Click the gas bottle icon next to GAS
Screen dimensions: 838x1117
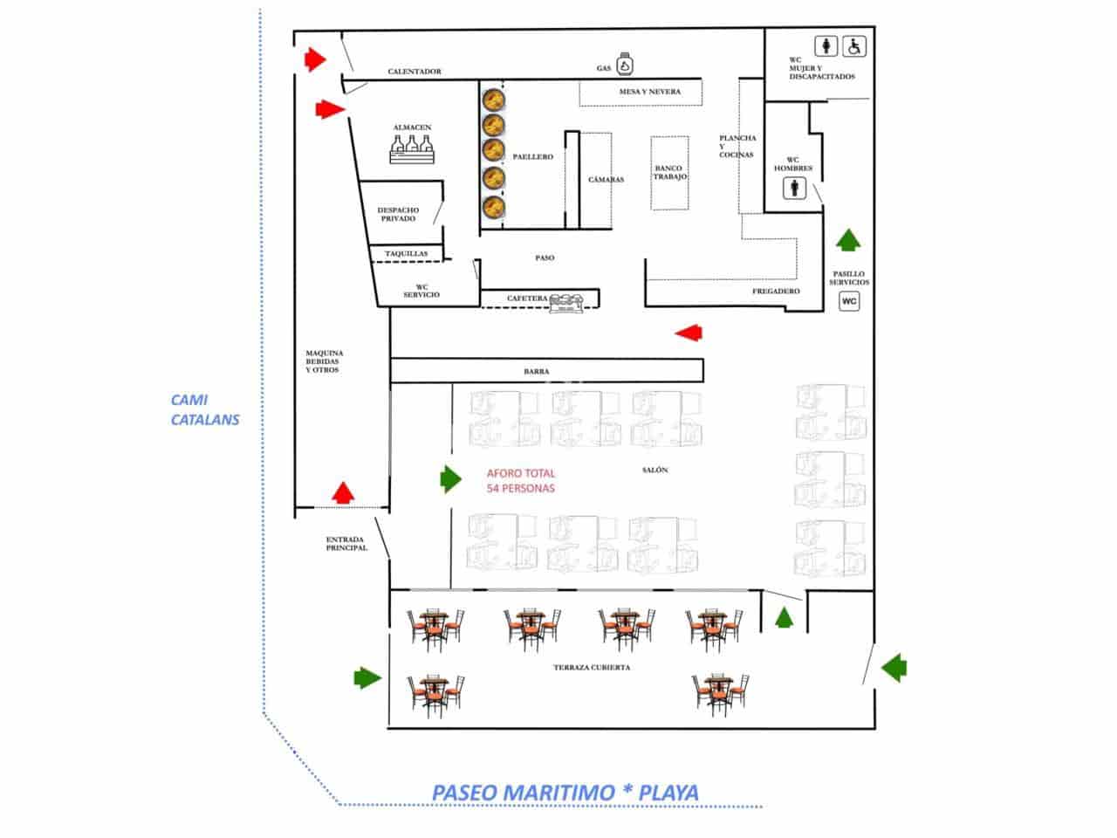tap(625, 64)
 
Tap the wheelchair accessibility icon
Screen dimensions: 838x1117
tap(854, 46)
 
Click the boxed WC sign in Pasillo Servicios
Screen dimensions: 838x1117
tap(849, 301)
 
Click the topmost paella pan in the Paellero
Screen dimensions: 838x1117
tap(494, 98)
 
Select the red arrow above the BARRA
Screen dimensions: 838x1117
tap(689, 332)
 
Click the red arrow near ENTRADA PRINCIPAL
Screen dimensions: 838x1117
tap(344, 493)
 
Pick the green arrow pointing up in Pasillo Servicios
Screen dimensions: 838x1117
tap(847, 238)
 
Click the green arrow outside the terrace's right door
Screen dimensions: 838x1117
tap(893, 669)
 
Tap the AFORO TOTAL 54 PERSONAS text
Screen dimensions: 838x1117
tap(521, 481)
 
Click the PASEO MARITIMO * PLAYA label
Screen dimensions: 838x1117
tap(565, 793)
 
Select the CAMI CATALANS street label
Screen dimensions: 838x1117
tap(204, 409)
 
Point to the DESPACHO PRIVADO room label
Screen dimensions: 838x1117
tap(398, 214)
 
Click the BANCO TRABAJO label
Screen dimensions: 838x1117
tap(670, 172)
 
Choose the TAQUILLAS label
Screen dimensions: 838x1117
tap(407, 254)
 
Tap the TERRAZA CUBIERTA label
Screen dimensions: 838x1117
tap(591, 668)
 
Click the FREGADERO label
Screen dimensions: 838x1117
tap(776, 291)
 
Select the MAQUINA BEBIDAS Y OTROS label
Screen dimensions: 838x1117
tap(324, 361)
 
